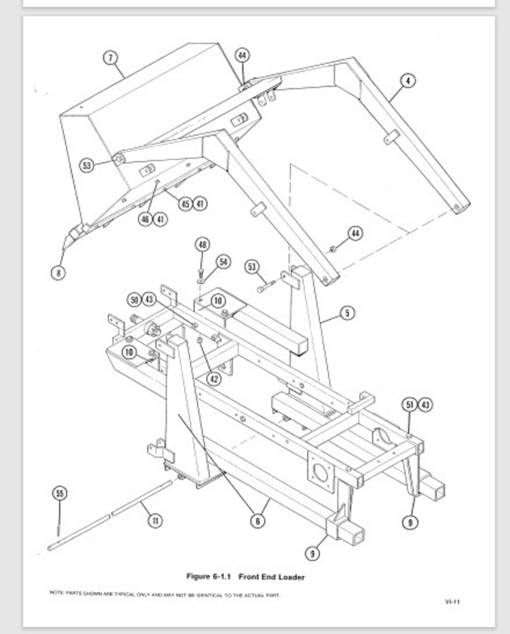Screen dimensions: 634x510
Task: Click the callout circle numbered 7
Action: click(x=110, y=58)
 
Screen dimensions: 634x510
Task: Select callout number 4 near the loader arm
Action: click(x=408, y=81)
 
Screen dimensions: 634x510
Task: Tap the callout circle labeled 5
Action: click(x=347, y=313)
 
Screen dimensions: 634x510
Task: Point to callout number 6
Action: click(x=257, y=521)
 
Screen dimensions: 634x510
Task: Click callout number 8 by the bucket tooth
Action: click(x=58, y=272)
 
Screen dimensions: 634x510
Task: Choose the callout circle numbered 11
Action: click(x=155, y=521)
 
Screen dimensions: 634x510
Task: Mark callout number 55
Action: click(x=59, y=494)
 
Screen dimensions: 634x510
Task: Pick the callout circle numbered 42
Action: click(x=214, y=379)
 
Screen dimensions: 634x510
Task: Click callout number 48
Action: click(x=202, y=245)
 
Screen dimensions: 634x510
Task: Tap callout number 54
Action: click(x=223, y=262)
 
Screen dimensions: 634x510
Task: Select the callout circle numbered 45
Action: click(x=186, y=204)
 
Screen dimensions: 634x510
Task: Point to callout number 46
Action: click(x=145, y=219)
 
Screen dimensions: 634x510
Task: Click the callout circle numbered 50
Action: click(x=135, y=300)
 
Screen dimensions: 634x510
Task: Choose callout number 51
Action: click(x=410, y=405)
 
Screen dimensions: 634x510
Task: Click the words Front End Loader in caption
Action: click(x=272, y=577)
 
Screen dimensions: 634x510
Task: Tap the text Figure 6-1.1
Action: click(x=208, y=576)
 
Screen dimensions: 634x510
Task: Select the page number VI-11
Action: click(x=452, y=601)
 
